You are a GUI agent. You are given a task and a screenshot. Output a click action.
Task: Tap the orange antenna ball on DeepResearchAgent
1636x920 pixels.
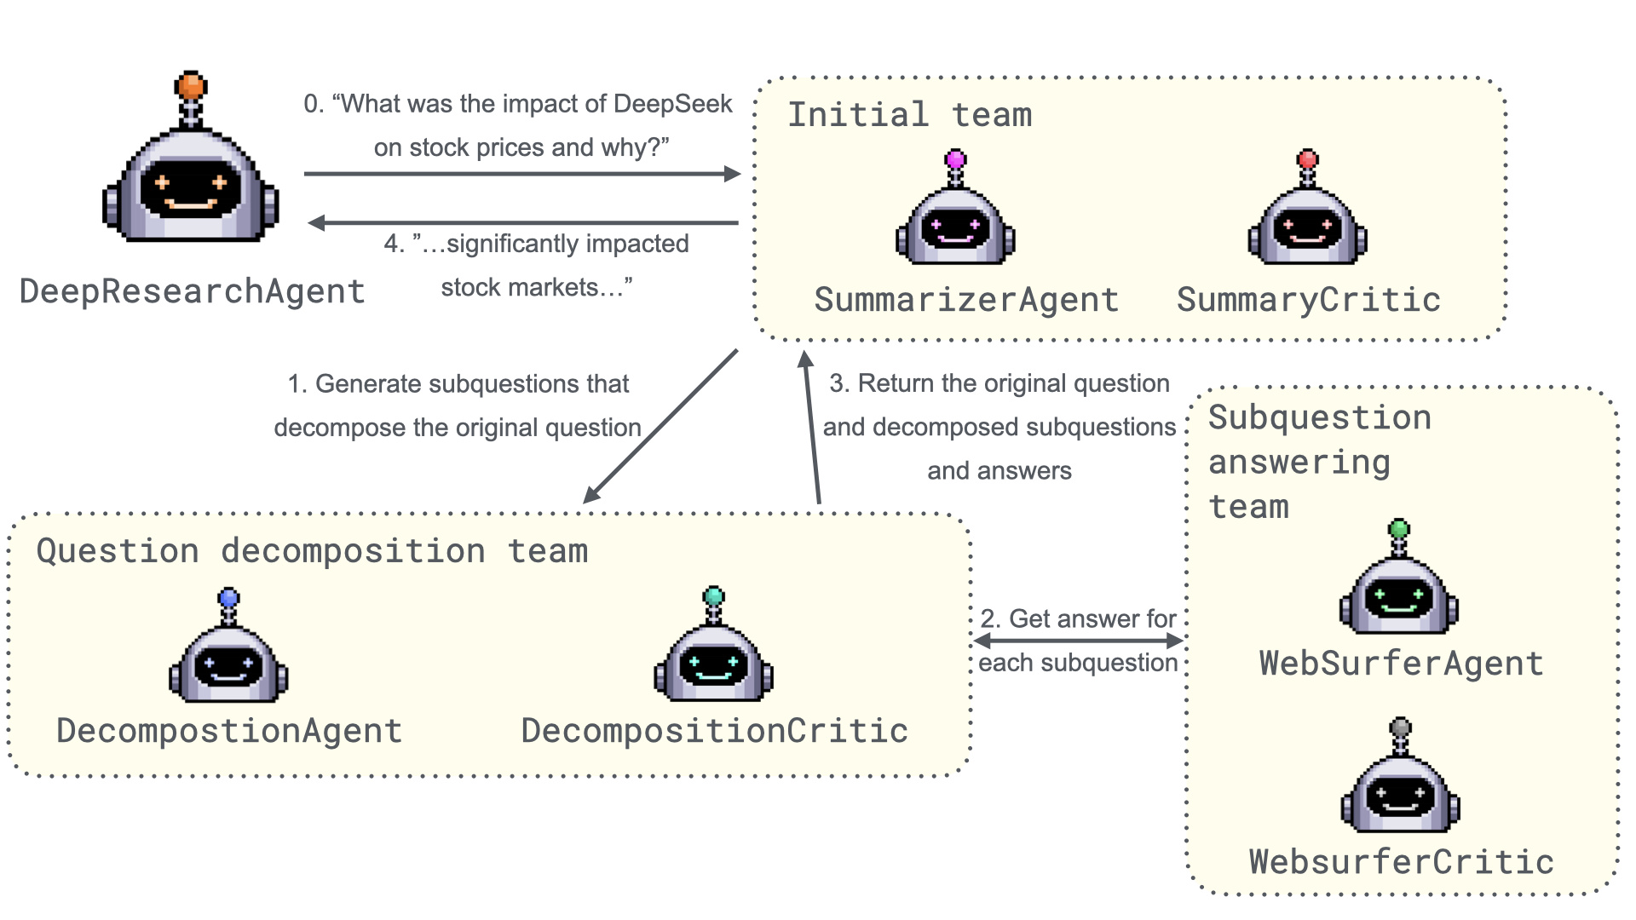pyautogui.click(x=191, y=85)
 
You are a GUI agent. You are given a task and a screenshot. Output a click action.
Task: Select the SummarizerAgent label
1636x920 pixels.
pyautogui.click(x=966, y=300)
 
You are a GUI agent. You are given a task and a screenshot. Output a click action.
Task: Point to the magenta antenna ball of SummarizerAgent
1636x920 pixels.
pyautogui.click(x=956, y=159)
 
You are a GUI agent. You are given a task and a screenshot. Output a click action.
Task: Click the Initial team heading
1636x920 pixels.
pyautogui.click(x=909, y=115)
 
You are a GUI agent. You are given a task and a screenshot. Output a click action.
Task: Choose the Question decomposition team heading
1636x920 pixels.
pyautogui.click(x=312, y=551)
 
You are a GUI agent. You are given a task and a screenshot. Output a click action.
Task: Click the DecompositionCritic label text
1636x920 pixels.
pyautogui.click(x=714, y=731)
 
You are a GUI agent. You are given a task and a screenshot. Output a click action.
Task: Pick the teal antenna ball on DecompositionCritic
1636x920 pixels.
pyautogui.click(x=714, y=595)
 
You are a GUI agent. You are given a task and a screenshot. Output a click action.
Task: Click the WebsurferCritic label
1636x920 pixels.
pyautogui.click(x=1402, y=862)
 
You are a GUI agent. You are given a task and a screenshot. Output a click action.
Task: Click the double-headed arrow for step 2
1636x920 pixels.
pyautogui.click(x=1079, y=641)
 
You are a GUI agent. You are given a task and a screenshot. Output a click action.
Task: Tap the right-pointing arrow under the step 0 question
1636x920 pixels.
pyautogui.click(x=521, y=174)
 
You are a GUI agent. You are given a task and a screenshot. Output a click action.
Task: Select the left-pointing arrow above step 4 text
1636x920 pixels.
pyautogui.click(x=523, y=223)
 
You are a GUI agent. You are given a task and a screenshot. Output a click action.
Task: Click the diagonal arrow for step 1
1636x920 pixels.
pyautogui.click(x=660, y=426)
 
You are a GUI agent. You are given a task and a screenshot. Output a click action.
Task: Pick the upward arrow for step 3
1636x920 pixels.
pyautogui.click(x=811, y=426)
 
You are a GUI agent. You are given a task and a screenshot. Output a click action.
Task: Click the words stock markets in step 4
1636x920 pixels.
pyautogui.click(x=520, y=288)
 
